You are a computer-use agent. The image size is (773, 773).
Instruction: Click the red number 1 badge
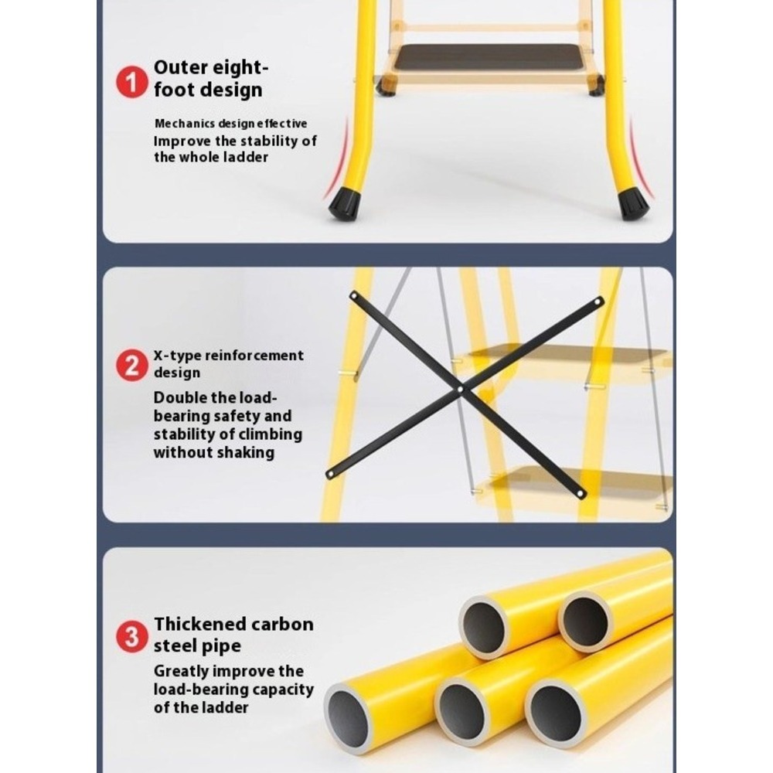(x=131, y=82)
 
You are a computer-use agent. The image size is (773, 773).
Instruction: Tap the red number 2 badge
(x=131, y=366)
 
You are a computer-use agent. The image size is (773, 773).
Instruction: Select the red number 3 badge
(x=131, y=636)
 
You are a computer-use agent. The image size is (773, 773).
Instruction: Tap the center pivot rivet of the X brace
(x=460, y=389)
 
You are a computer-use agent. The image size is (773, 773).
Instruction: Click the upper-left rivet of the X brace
(x=354, y=296)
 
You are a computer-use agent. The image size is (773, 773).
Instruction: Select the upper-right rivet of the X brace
(x=598, y=301)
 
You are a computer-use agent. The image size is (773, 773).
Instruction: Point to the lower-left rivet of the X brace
(x=330, y=475)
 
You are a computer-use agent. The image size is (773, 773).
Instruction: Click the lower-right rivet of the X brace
(x=581, y=493)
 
